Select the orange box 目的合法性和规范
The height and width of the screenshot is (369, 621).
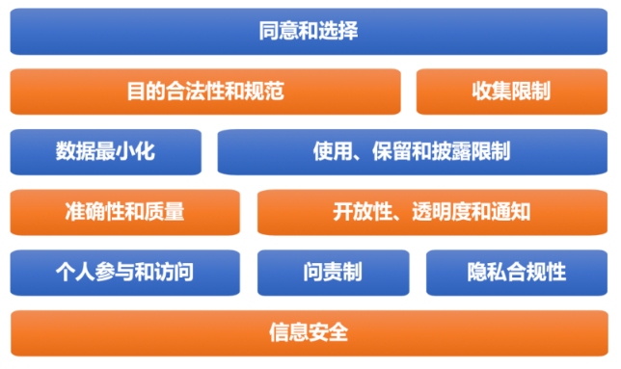point(204,92)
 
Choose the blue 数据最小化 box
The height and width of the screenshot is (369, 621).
point(105,151)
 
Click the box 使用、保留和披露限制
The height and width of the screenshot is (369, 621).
point(412,151)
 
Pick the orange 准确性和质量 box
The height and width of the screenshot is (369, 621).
point(124,212)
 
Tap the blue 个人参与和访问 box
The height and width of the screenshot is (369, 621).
point(124,273)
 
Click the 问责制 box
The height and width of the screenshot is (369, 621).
point(332,273)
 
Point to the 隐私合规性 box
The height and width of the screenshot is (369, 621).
point(516,273)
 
